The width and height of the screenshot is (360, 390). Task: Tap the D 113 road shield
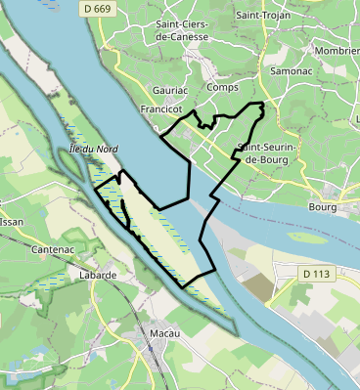316,274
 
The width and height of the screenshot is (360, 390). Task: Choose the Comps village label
222,87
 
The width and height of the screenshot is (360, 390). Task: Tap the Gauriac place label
170,89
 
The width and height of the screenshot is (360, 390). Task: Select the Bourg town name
322,207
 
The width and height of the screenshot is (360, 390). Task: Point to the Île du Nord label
94,149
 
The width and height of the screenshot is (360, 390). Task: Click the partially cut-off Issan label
10,222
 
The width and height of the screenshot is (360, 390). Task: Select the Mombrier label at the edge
337,50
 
